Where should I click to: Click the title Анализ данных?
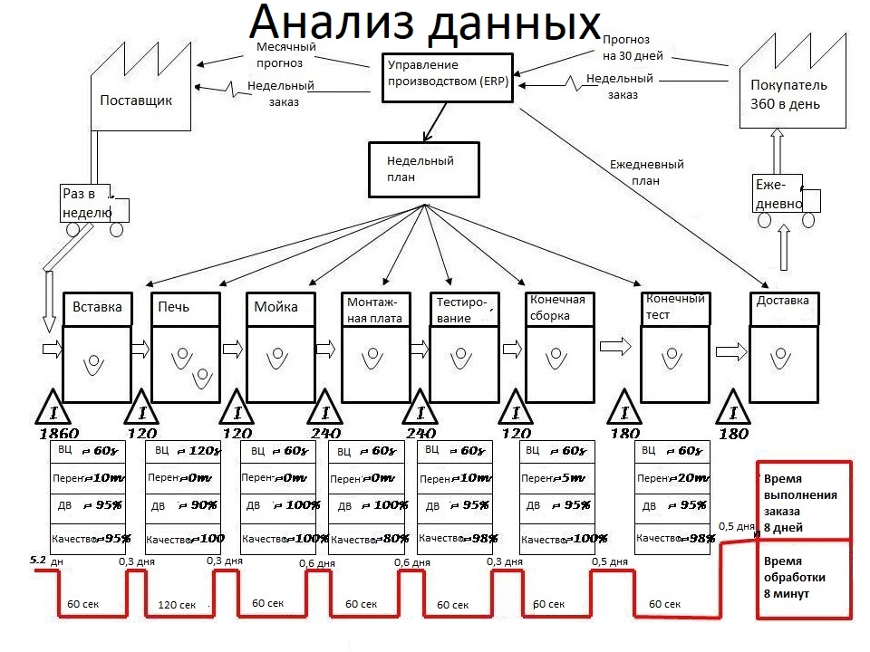pyautogui.click(x=425, y=25)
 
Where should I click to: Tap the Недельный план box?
pyautogui.click(x=423, y=168)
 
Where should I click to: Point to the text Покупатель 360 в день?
pyautogui.click(x=786, y=94)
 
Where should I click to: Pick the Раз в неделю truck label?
pyautogui.click(x=87, y=203)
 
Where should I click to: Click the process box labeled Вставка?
pyautogui.click(x=97, y=306)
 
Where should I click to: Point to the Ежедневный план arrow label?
pyautogui.click(x=646, y=172)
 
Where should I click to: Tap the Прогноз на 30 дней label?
pyautogui.click(x=633, y=47)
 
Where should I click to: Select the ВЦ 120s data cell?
pyautogui.click(x=184, y=451)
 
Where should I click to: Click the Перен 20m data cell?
pyautogui.click(x=669, y=478)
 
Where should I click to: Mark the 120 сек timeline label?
pyautogui.click(x=177, y=605)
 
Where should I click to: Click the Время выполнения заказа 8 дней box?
pyautogui.click(x=800, y=503)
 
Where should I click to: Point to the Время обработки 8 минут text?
pyautogui.click(x=800, y=577)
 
